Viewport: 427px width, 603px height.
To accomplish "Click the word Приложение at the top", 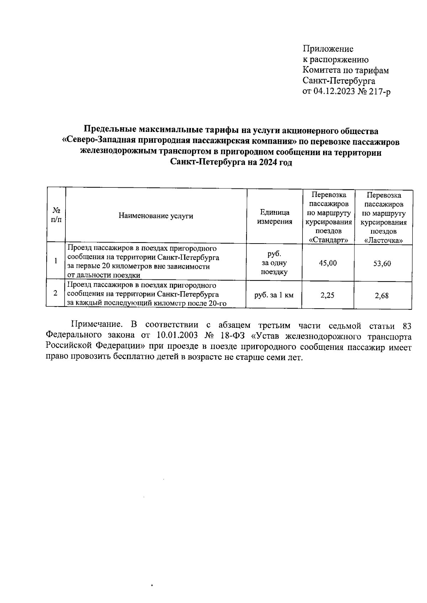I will point(328,49).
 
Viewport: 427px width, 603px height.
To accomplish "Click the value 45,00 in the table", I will point(328,263).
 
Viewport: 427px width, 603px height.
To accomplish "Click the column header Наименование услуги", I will point(156,216).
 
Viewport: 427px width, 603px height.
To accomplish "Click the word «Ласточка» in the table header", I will point(384,241).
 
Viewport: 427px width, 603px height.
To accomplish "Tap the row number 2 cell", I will point(56,294).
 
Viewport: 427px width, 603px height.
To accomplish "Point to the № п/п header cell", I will point(56,215).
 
